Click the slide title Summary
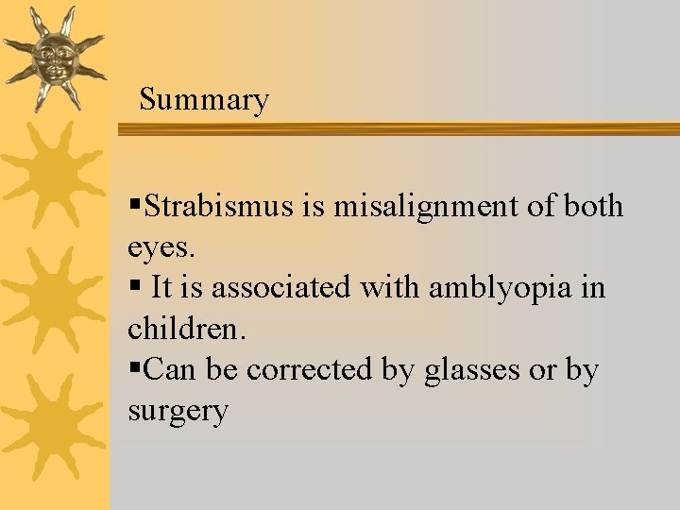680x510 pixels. tap(203, 99)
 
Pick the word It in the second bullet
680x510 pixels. tap(161, 287)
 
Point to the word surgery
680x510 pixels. tap(178, 412)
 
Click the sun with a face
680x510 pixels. tap(52, 58)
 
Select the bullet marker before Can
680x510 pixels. tap(135, 369)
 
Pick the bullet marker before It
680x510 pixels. tap(135, 287)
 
